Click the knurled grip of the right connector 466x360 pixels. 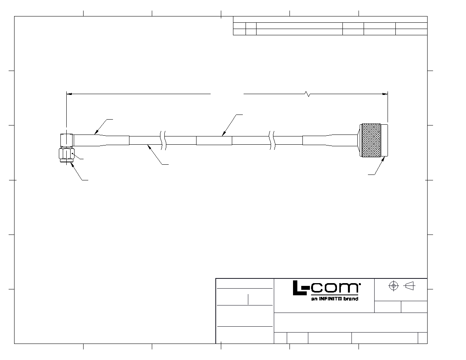371,140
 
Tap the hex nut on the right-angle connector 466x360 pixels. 67,154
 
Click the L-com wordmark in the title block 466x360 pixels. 327,288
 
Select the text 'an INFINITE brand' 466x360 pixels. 335,299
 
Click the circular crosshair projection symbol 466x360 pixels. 393,286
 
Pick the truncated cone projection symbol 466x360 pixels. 410,286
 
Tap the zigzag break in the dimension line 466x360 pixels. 308,94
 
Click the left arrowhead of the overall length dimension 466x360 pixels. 69,94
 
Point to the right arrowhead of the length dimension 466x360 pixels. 385,94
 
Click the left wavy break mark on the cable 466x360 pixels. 163,140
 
